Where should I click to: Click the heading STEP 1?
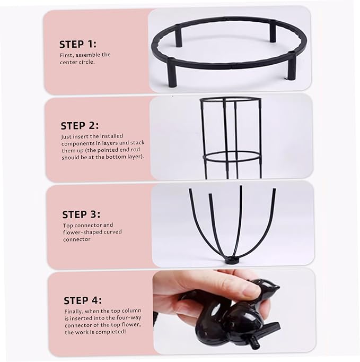pyautogui.click(x=78, y=44)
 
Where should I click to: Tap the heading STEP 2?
pyautogui.click(x=80, y=126)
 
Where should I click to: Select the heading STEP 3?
pyautogui.click(x=82, y=214)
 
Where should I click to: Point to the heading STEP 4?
pyautogui.click(x=83, y=300)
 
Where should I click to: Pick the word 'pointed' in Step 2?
pyautogui.click(x=113, y=150)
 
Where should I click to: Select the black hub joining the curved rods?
pyautogui.click(x=231, y=261)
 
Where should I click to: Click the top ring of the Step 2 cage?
pyautogui.click(x=231, y=100)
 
